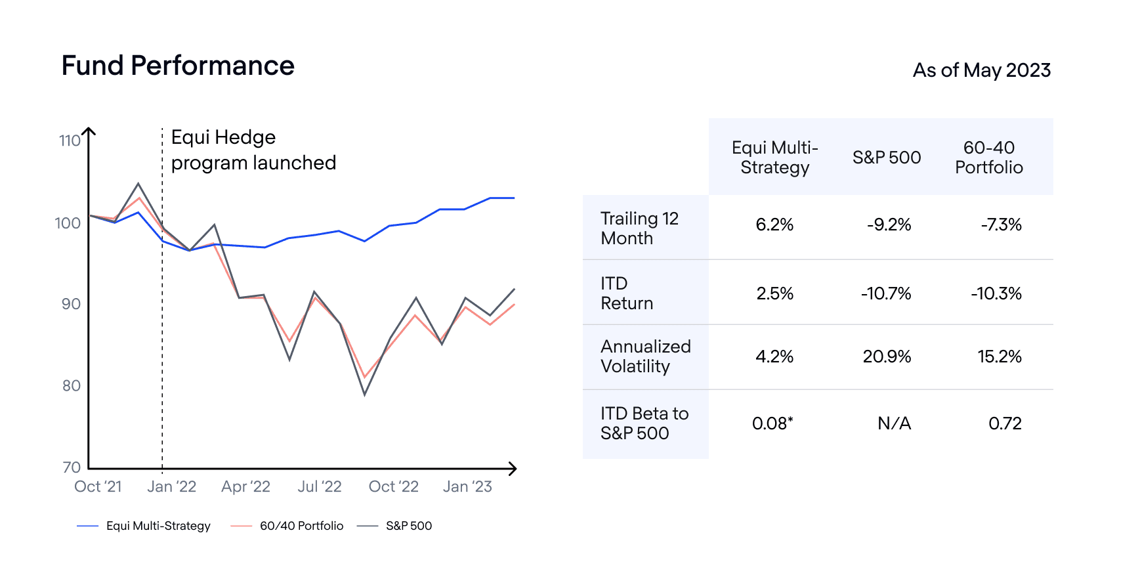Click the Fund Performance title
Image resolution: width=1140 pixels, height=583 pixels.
click(x=178, y=66)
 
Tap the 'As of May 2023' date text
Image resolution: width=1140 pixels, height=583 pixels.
click(x=981, y=70)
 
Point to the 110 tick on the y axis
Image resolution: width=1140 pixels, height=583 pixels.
click(x=70, y=140)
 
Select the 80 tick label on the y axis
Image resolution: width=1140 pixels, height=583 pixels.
click(x=72, y=385)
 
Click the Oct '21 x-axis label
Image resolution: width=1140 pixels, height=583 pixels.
click(x=98, y=486)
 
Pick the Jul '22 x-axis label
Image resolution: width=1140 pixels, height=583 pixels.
click(x=320, y=486)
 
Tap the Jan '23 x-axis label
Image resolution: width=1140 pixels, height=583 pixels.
click(x=467, y=486)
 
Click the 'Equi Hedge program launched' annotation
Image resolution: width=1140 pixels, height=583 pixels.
click(x=253, y=150)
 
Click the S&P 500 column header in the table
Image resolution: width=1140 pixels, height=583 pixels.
click(x=887, y=158)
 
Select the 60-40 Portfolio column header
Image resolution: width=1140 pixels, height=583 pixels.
click(x=988, y=158)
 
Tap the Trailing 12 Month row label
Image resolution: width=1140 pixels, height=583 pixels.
click(x=639, y=228)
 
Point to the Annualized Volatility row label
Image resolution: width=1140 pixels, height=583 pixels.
click(x=645, y=356)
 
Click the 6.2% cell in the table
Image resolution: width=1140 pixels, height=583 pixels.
click(x=774, y=225)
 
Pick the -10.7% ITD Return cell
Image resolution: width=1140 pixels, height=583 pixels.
click(x=886, y=293)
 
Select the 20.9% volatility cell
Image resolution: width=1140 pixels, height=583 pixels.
click(x=887, y=356)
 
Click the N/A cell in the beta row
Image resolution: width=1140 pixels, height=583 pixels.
click(x=894, y=423)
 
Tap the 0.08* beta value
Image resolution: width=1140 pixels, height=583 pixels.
click(x=772, y=423)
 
